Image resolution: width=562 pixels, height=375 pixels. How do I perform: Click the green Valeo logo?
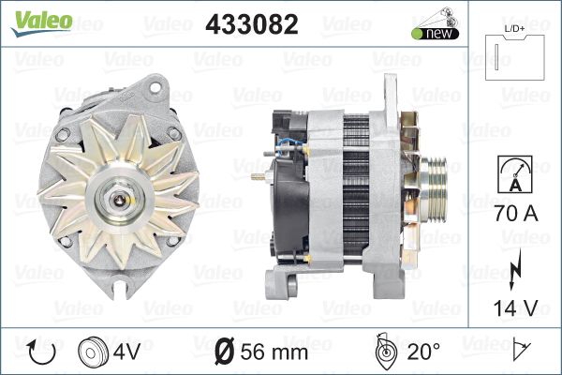click(x=42, y=22)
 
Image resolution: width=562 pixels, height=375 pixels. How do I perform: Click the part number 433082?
click(x=252, y=24)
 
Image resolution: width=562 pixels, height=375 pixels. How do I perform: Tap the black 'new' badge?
click(x=436, y=34)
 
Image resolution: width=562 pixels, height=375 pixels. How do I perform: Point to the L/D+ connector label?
click(x=514, y=29)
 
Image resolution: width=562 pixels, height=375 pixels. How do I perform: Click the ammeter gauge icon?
click(x=515, y=174)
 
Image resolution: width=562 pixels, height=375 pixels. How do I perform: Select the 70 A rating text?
click(x=516, y=213)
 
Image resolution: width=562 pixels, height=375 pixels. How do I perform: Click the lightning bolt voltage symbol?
click(x=514, y=269)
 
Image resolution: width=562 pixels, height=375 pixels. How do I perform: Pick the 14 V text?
click(x=516, y=307)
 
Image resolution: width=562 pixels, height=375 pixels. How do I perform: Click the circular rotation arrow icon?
click(x=41, y=352)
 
